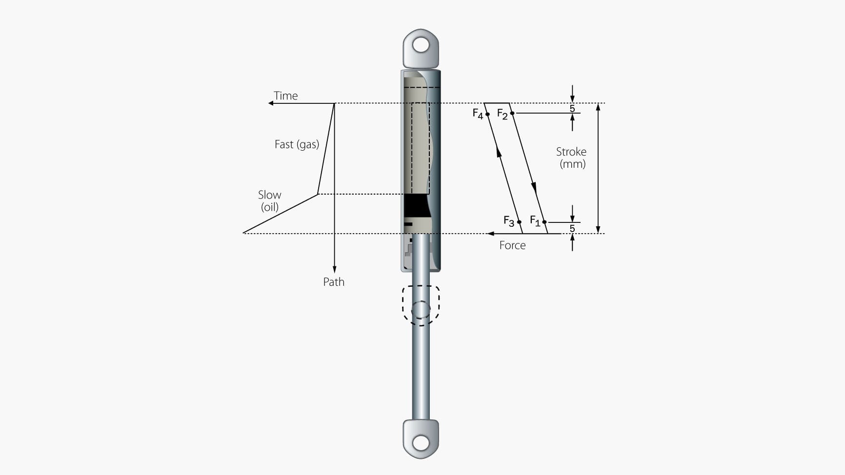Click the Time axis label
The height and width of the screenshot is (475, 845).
[285, 96]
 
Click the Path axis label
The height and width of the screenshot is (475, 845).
[334, 282]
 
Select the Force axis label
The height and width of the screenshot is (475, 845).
[512, 245]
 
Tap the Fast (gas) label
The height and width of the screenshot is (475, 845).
[297, 144]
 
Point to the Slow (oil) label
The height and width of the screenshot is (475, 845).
[269, 200]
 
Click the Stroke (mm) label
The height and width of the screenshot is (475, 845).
[571, 158]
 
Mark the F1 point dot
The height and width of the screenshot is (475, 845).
[544, 222]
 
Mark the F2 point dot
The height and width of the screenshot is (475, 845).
[512, 113]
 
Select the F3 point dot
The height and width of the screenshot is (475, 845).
[519, 222]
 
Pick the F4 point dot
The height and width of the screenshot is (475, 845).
[487, 114]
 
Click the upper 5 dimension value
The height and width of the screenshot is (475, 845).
[572, 108]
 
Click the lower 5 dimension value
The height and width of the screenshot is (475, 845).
[572, 228]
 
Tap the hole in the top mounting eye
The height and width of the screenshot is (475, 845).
[421, 45]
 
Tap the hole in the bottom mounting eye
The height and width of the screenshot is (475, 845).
[421, 443]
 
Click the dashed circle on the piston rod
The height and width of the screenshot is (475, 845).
[421, 310]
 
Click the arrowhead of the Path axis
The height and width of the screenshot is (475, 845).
[334, 270]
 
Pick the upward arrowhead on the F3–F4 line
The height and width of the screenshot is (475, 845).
[499, 152]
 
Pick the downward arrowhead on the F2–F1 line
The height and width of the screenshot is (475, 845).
[534, 188]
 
